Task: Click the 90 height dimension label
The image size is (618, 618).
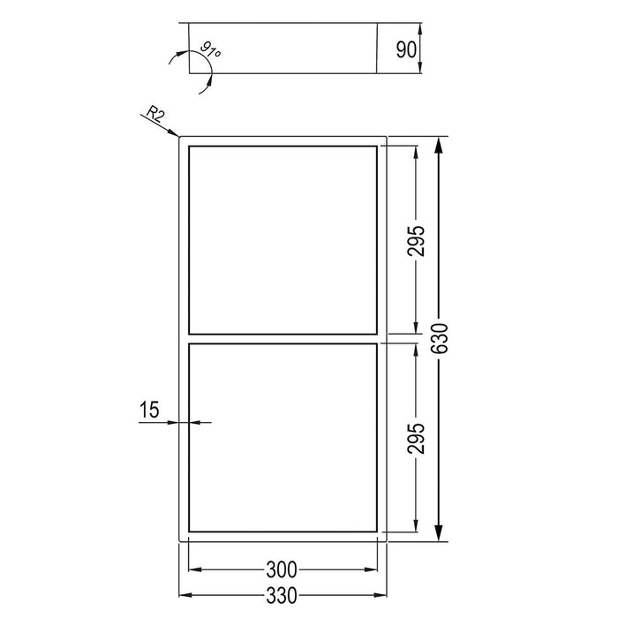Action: click(406, 49)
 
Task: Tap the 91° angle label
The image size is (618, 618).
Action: click(211, 49)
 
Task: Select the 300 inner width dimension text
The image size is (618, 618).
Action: click(282, 569)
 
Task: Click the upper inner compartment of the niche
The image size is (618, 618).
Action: click(283, 238)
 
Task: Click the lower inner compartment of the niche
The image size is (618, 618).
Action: click(283, 437)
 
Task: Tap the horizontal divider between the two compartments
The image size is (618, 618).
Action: click(283, 338)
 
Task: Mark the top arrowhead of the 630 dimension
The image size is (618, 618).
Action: click(440, 144)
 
